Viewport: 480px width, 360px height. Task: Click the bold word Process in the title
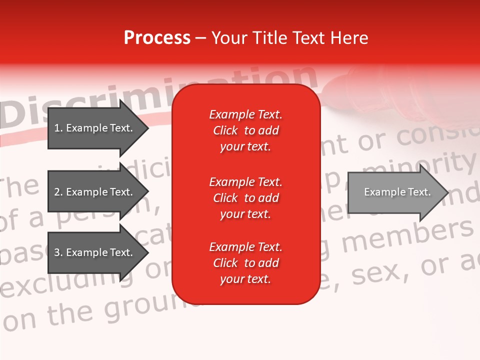pyautogui.click(x=157, y=37)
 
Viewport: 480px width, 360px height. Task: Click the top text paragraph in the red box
pyautogui.click(x=245, y=130)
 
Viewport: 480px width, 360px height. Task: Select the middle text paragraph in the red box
pyautogui.click(x=245, y=198)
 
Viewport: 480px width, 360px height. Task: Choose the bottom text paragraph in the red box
pyautogui.click(x=245, y=263)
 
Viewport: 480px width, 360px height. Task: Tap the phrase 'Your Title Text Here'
pyautogui.click(x=290, y=37)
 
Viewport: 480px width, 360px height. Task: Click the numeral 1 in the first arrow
pyautogui.click(x=57, y=128)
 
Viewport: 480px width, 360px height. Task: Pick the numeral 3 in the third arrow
pyautogui.click(x=57, y=252)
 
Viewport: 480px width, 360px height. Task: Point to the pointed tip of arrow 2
pyautogui.click(x=147, y=192)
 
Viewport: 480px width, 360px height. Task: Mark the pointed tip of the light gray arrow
pyautogui.click(x=447, y=192)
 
